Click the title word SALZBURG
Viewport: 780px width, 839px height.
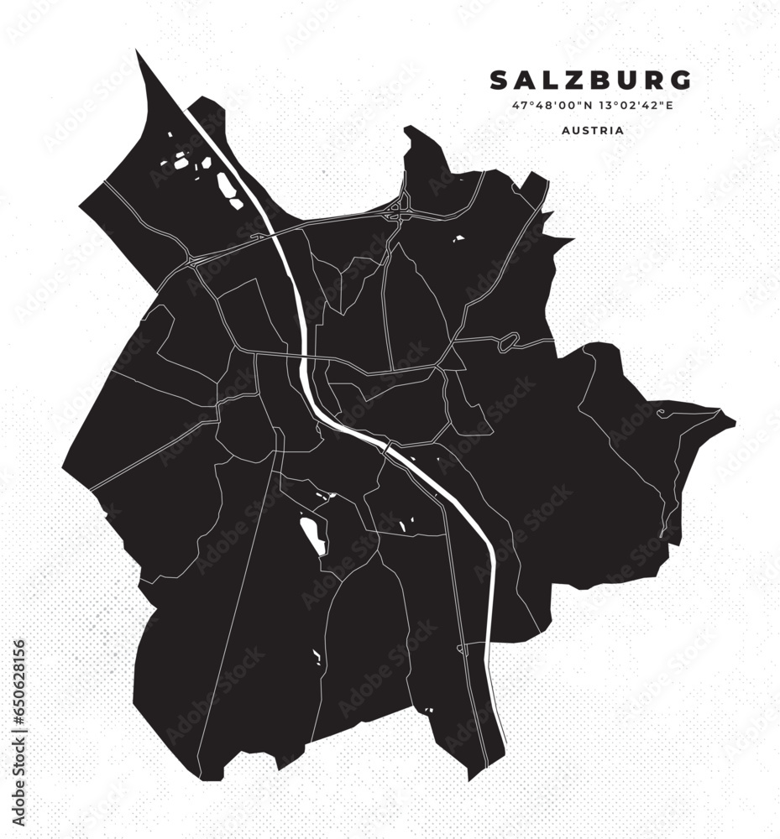click(x=591, y=80)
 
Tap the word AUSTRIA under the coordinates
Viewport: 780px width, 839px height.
click(x=594, y=131)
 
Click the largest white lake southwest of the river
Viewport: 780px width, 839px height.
click(x=313, y=534)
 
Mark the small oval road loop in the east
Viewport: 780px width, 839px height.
click(x=509, y=341)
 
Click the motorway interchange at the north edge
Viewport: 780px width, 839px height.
click(x=396, y=209)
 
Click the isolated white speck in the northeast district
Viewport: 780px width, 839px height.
click(x=458, y=238)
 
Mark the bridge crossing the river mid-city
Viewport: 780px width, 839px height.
click(x=387, y=448)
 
